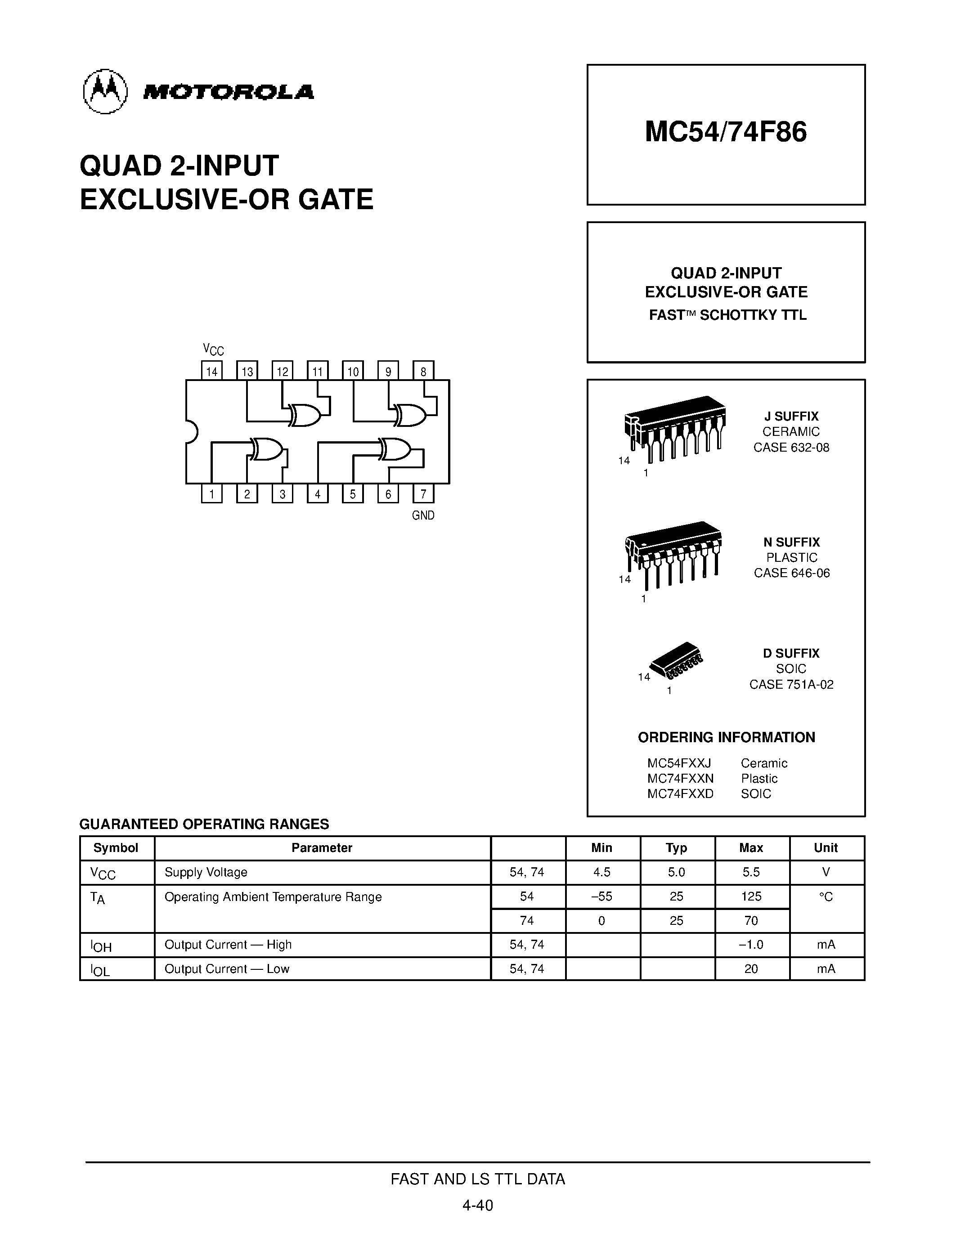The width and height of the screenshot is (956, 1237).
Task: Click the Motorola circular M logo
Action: tap(105, 91)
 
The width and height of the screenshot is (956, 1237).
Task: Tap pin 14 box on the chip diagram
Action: tap(212, 371)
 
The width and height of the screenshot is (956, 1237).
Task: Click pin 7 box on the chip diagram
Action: tap(423, 494)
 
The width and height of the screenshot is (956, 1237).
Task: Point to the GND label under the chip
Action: tap(423, 515)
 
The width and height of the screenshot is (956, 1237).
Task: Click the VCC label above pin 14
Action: tap(214, 350)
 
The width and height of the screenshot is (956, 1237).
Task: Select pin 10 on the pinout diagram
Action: tap(353, 371)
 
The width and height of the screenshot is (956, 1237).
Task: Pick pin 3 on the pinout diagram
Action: tap(282, 494)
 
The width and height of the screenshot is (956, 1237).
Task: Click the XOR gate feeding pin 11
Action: tap(304, 415)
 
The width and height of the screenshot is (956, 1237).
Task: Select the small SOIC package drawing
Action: tap(677, 660)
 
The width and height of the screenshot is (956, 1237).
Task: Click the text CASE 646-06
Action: tap(791, 573)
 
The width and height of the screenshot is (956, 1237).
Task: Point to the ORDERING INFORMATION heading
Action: tap(726, 737)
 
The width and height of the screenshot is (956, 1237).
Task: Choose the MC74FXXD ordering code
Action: tap(680, 793)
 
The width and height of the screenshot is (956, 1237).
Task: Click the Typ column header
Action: tap(676, 848)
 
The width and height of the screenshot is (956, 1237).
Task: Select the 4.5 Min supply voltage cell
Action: tap(601, 872)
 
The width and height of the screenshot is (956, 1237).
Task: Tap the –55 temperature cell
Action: tap(601, 896)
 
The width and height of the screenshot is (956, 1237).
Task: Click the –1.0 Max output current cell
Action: tap(751, 945)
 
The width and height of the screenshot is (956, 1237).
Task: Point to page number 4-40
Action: tap(477, 1205)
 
